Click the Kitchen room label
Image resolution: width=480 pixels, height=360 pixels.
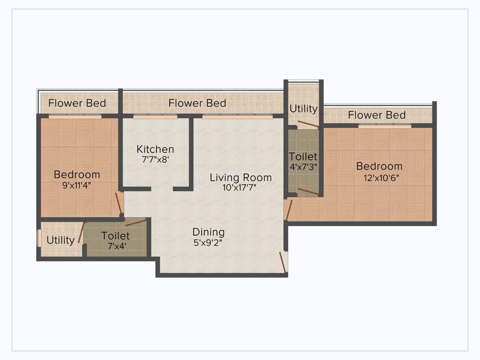(155, 149)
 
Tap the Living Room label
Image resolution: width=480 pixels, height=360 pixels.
(240, 178)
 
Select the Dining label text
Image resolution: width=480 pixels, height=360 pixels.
(209, 232)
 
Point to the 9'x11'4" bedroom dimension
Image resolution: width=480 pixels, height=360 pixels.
(77, 185)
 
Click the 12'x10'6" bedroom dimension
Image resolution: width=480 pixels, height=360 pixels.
(379, 178)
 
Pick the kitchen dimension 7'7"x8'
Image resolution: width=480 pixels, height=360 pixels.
(155, 159)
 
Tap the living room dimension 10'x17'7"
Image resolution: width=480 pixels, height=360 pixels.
(240, 188)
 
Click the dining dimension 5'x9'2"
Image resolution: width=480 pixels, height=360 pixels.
(208, 242)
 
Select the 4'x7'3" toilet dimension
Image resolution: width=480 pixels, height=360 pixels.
(303, 166)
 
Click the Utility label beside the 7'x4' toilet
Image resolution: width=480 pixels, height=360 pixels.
(60, 240)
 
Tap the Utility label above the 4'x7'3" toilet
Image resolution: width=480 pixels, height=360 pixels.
(303, 109)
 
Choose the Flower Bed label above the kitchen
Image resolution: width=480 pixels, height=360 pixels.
(197, 103)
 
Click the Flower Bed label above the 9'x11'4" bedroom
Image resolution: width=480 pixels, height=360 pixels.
(77, 103)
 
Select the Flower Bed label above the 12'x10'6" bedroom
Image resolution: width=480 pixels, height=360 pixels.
(377, 115)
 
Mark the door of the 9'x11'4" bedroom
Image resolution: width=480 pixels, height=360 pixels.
(119, 202)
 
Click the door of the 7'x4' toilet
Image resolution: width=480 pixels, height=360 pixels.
(136, 222)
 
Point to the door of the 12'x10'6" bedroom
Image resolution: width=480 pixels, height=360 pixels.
(288, 210)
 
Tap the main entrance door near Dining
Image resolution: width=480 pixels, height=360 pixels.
(284, 262)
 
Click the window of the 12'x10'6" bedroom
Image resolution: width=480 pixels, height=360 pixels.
(385, 126)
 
